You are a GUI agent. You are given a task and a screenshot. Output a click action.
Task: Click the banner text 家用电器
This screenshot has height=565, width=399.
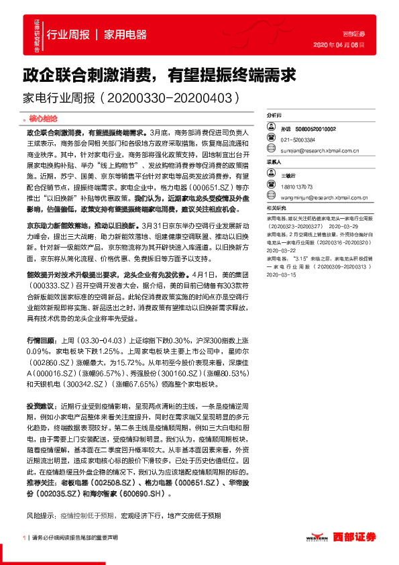click(x=125, y=35)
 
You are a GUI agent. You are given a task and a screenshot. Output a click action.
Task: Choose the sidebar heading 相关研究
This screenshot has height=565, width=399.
click(x=277, y=208)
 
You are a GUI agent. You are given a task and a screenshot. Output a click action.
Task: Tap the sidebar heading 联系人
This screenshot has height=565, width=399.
click(x=275, y=162)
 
